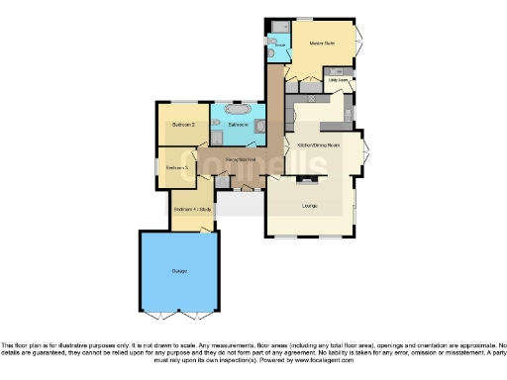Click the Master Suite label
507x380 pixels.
point(319,45)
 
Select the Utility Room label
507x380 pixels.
point(337,80)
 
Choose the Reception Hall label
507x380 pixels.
point(241,158)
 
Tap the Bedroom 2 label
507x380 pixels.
point(182,125)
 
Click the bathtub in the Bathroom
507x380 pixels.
point(239,109)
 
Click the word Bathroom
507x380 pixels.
point(239,126)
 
